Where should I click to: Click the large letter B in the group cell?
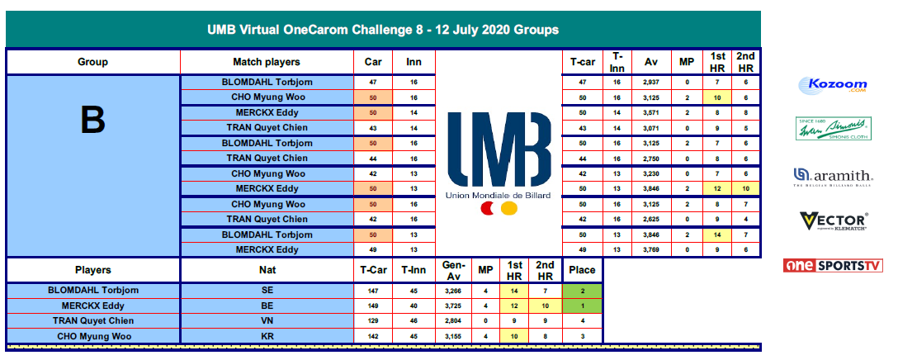point(92,121)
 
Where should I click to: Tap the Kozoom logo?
point(833,85)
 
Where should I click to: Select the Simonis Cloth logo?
point(834,129)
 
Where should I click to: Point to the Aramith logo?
point(834,178)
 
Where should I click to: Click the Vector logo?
point(834,220)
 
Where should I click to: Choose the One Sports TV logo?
point(834,265)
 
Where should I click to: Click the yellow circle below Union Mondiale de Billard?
point(508,210)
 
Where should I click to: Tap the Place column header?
point(583,270)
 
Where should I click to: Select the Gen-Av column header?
point(452,270)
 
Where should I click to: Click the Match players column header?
point(267,62)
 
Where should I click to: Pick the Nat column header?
point(267,270)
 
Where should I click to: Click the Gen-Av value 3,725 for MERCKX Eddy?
point(452,306)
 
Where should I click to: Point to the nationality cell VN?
point(267,321)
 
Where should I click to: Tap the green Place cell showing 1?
point(583,306)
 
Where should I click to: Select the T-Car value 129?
point(373,321)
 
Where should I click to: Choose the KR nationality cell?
point(267,337)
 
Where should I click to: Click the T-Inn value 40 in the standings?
point(414,306)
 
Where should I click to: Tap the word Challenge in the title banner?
point(382,30)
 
